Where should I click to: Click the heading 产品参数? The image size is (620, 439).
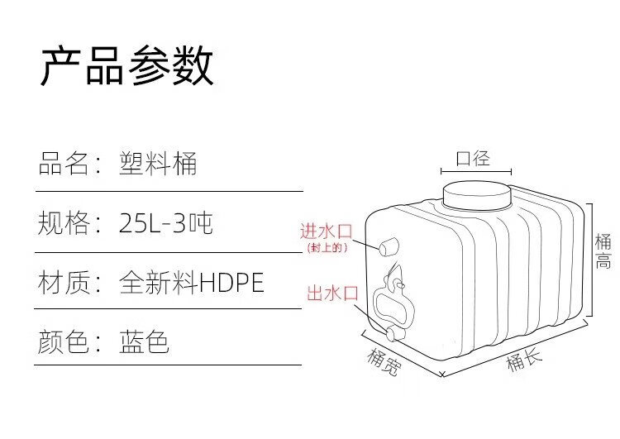coord(127,66)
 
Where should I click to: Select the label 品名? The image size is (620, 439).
coord(63,164)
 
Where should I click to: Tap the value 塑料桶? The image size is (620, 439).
coord(158,164)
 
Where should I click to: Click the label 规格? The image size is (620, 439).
coord(63,223)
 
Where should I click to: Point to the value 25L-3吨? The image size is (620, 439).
coord(165,223)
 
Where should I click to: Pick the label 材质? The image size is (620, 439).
coord(63,284)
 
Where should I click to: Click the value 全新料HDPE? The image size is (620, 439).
coord(192,284)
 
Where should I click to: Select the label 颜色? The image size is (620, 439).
coord(63,342)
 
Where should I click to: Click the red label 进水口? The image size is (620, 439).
coord(327,231)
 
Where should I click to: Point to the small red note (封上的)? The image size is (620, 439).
coord(327,248)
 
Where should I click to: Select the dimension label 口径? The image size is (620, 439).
coord(474,157)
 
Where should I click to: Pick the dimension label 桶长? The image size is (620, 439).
coord(524,361)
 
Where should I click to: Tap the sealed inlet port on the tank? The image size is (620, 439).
coord(389,246)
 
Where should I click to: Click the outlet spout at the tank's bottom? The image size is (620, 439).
coord(392,333)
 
